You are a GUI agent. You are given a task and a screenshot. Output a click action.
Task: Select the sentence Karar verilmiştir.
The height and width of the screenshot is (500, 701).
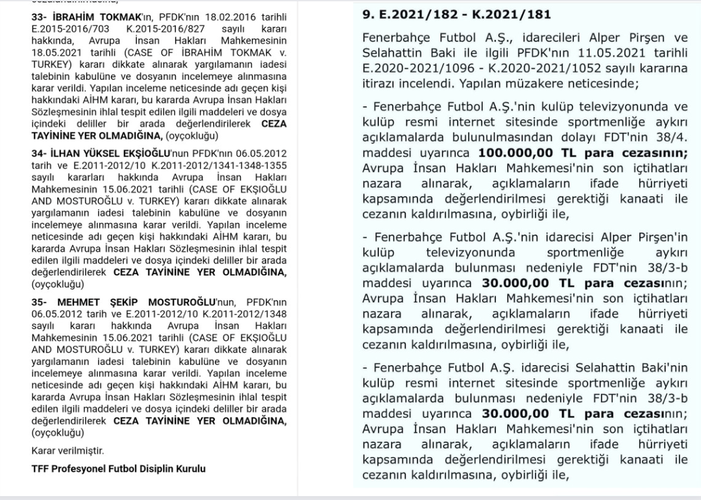[x=68, y=451]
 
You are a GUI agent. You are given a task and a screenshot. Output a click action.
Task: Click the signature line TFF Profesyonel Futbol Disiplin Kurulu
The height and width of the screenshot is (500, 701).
[x=119, y=468]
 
